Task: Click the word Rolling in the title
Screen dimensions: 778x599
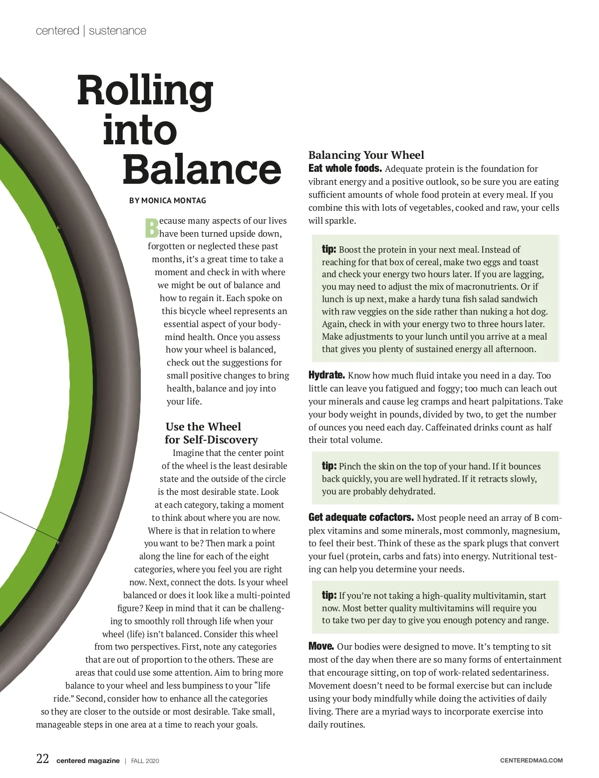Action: pyautogui.click(x=145, y=91)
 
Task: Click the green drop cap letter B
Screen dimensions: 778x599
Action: pyautogui.click(x=151, y=228)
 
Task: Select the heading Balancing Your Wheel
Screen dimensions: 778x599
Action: pyautogui.click(x=366, y=155)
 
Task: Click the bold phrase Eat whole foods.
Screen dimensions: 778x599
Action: pyautogui.click(x=345, y=168)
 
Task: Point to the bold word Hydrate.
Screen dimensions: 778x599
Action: pyautogui.click(x=326, y=375)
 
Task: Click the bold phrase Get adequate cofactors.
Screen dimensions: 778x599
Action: pyautogui.click(x=361, y=517)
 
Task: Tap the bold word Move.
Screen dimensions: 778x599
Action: pyautogui.click(x=321, y=647)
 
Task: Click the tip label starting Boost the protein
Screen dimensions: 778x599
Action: pyautogui.click(x=329, y=249)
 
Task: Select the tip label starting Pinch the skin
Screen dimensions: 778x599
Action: pyautogui.click(x=329, y=466)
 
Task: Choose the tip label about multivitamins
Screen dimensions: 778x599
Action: pyautogui.click(x=329, y=595)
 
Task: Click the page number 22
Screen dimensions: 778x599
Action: pyautogui.click(x=42, y=759)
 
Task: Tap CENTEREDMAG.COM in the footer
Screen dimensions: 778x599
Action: pyautogui.click(x=531, y=761)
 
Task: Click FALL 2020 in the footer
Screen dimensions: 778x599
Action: pyautogui.click(x=145, y=761)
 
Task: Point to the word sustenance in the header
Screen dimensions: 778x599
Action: pyautogui.click(x=118, y=31)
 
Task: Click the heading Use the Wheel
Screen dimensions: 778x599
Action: pyautogui.click(x=203, y=426)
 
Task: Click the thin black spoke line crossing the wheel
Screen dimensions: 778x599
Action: pyautogui.click(x=30, y=525)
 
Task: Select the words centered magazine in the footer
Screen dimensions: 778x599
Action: pyautogui.click(x=88, y=761)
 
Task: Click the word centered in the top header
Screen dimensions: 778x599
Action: pyautogui.click(x=57, y=31)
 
